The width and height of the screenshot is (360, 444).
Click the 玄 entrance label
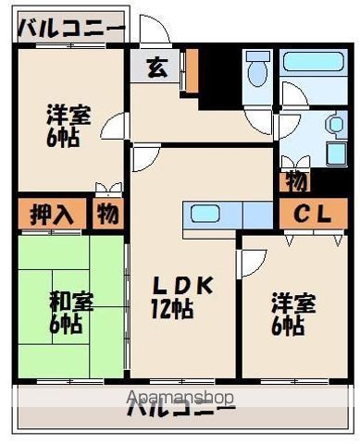point(157,68)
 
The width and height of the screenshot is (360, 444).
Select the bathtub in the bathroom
point(313,62)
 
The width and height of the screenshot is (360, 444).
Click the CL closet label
point(313,214)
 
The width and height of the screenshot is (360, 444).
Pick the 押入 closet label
point(52,214)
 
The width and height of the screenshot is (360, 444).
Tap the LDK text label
point(184,285)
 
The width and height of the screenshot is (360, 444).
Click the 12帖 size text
point(172,309)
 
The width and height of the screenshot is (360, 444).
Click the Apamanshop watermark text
point(180,398)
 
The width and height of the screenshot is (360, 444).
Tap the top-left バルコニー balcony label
point(71,28)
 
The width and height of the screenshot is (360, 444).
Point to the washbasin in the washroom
point(336,124)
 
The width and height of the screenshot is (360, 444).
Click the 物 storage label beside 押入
point(108,214)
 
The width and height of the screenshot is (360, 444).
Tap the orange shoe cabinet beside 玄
point(193,70)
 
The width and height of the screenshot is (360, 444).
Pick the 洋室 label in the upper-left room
point(68,115)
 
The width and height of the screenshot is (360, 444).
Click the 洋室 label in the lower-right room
point(293,303)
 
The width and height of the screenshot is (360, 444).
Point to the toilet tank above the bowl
point(258,55)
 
